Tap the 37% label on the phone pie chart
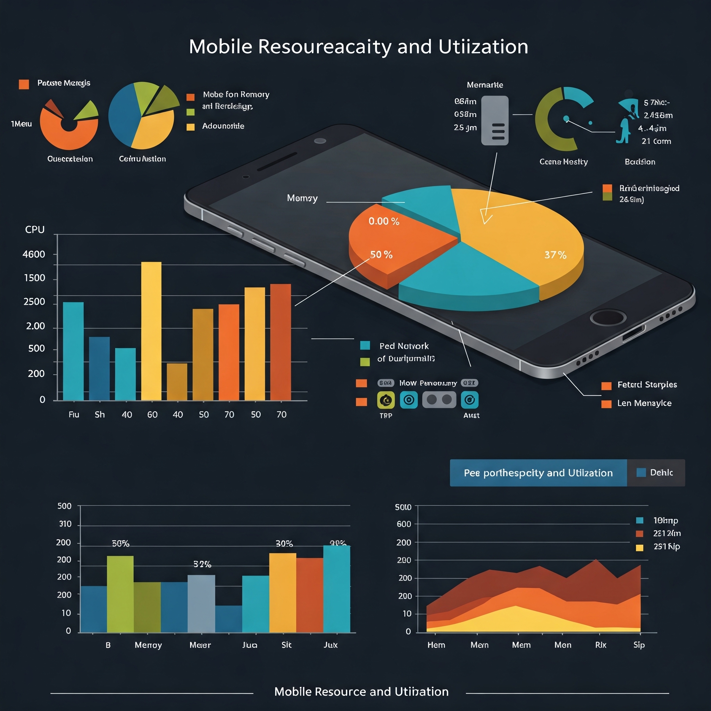click(x=555, y=255)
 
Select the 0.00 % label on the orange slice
click(x=384, y=221)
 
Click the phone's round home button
click(x=608, y=317)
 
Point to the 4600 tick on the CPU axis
click(x=34, y=254)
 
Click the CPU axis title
click(x=35, y=229)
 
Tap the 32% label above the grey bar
click(x=202, y=564)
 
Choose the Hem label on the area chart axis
click(x=436, y=645)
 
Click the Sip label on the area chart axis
click(x=639, y=645)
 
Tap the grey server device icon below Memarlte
click(x=495, y=120)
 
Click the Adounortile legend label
click(x=223, y=126)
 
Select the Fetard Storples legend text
click(x=647, y=385)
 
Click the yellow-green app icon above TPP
click(x=386, y=400)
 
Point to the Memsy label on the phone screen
click(x=302, y=198)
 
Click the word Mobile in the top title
click(x=220, y=47)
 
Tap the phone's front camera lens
click(x=320, y=141)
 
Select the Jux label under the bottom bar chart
click(x=331, y=645)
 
